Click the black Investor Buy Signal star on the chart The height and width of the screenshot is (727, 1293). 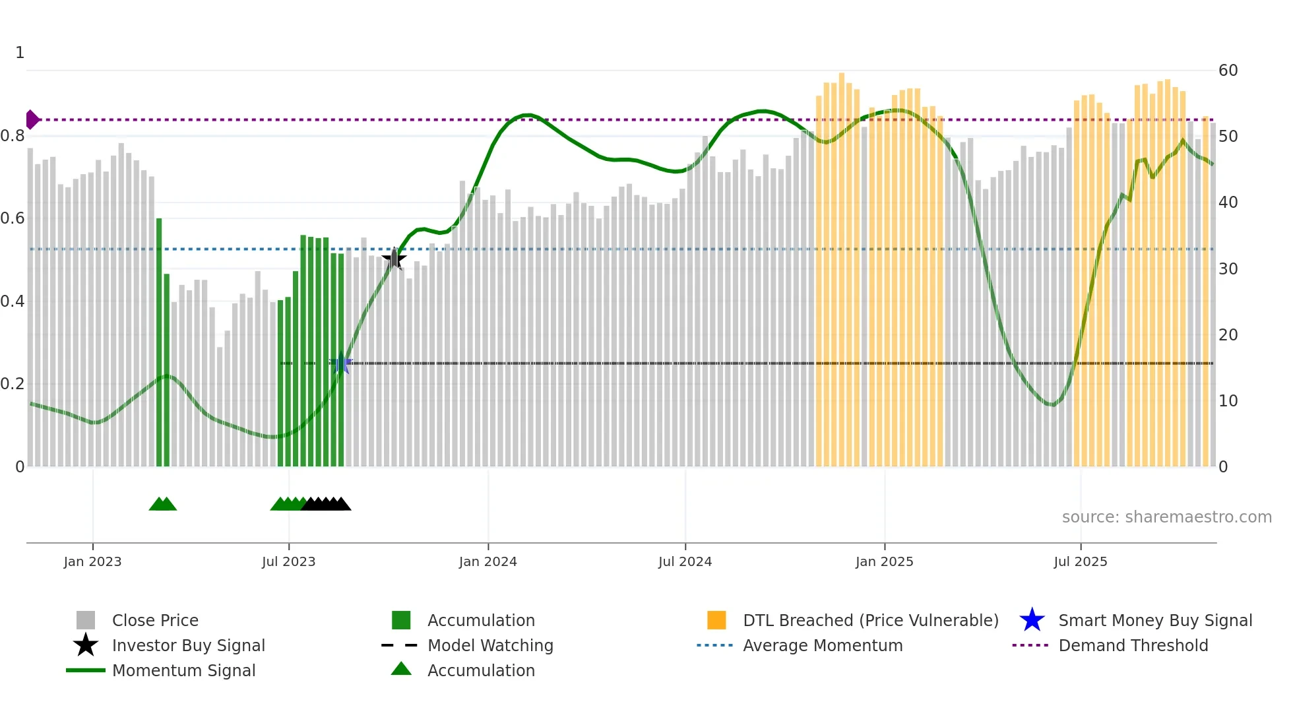coord(394,259)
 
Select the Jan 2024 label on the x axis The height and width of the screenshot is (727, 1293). coord(488,561)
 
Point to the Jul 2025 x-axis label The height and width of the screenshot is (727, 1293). coord(1080,561)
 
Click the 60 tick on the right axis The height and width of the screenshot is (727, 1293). coord(1228,71)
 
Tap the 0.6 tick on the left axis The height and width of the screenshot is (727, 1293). coord(13,218)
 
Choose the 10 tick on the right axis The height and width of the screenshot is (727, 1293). coord(1228,401)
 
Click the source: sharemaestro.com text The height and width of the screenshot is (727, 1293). coord(1166,517)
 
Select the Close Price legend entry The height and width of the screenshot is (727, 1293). coord(154,620)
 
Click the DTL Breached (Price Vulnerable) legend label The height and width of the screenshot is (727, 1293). coord(870,620)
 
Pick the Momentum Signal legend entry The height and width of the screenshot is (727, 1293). coord(183,670)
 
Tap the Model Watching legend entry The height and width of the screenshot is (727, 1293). coord(489,645)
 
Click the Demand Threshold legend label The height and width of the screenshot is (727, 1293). coord(1133,645)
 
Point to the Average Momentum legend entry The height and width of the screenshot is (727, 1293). coord(822,645)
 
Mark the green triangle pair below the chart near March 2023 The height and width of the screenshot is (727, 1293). coord(163,504)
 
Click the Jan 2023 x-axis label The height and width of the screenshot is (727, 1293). coord(92,561)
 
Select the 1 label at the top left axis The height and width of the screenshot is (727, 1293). coord(20,53)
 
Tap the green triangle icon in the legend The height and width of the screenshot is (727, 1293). coord(401,669)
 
